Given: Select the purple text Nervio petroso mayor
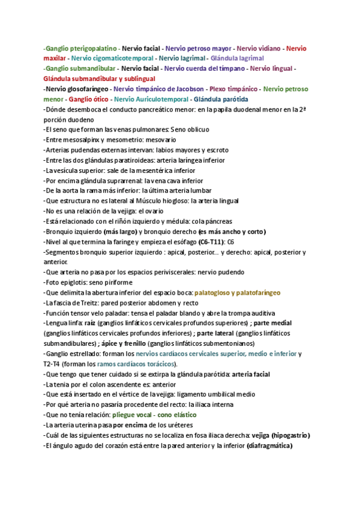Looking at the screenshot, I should (199, 47).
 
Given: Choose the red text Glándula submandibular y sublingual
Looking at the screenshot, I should (100, 79).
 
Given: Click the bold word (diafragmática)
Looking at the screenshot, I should (269, 445).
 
